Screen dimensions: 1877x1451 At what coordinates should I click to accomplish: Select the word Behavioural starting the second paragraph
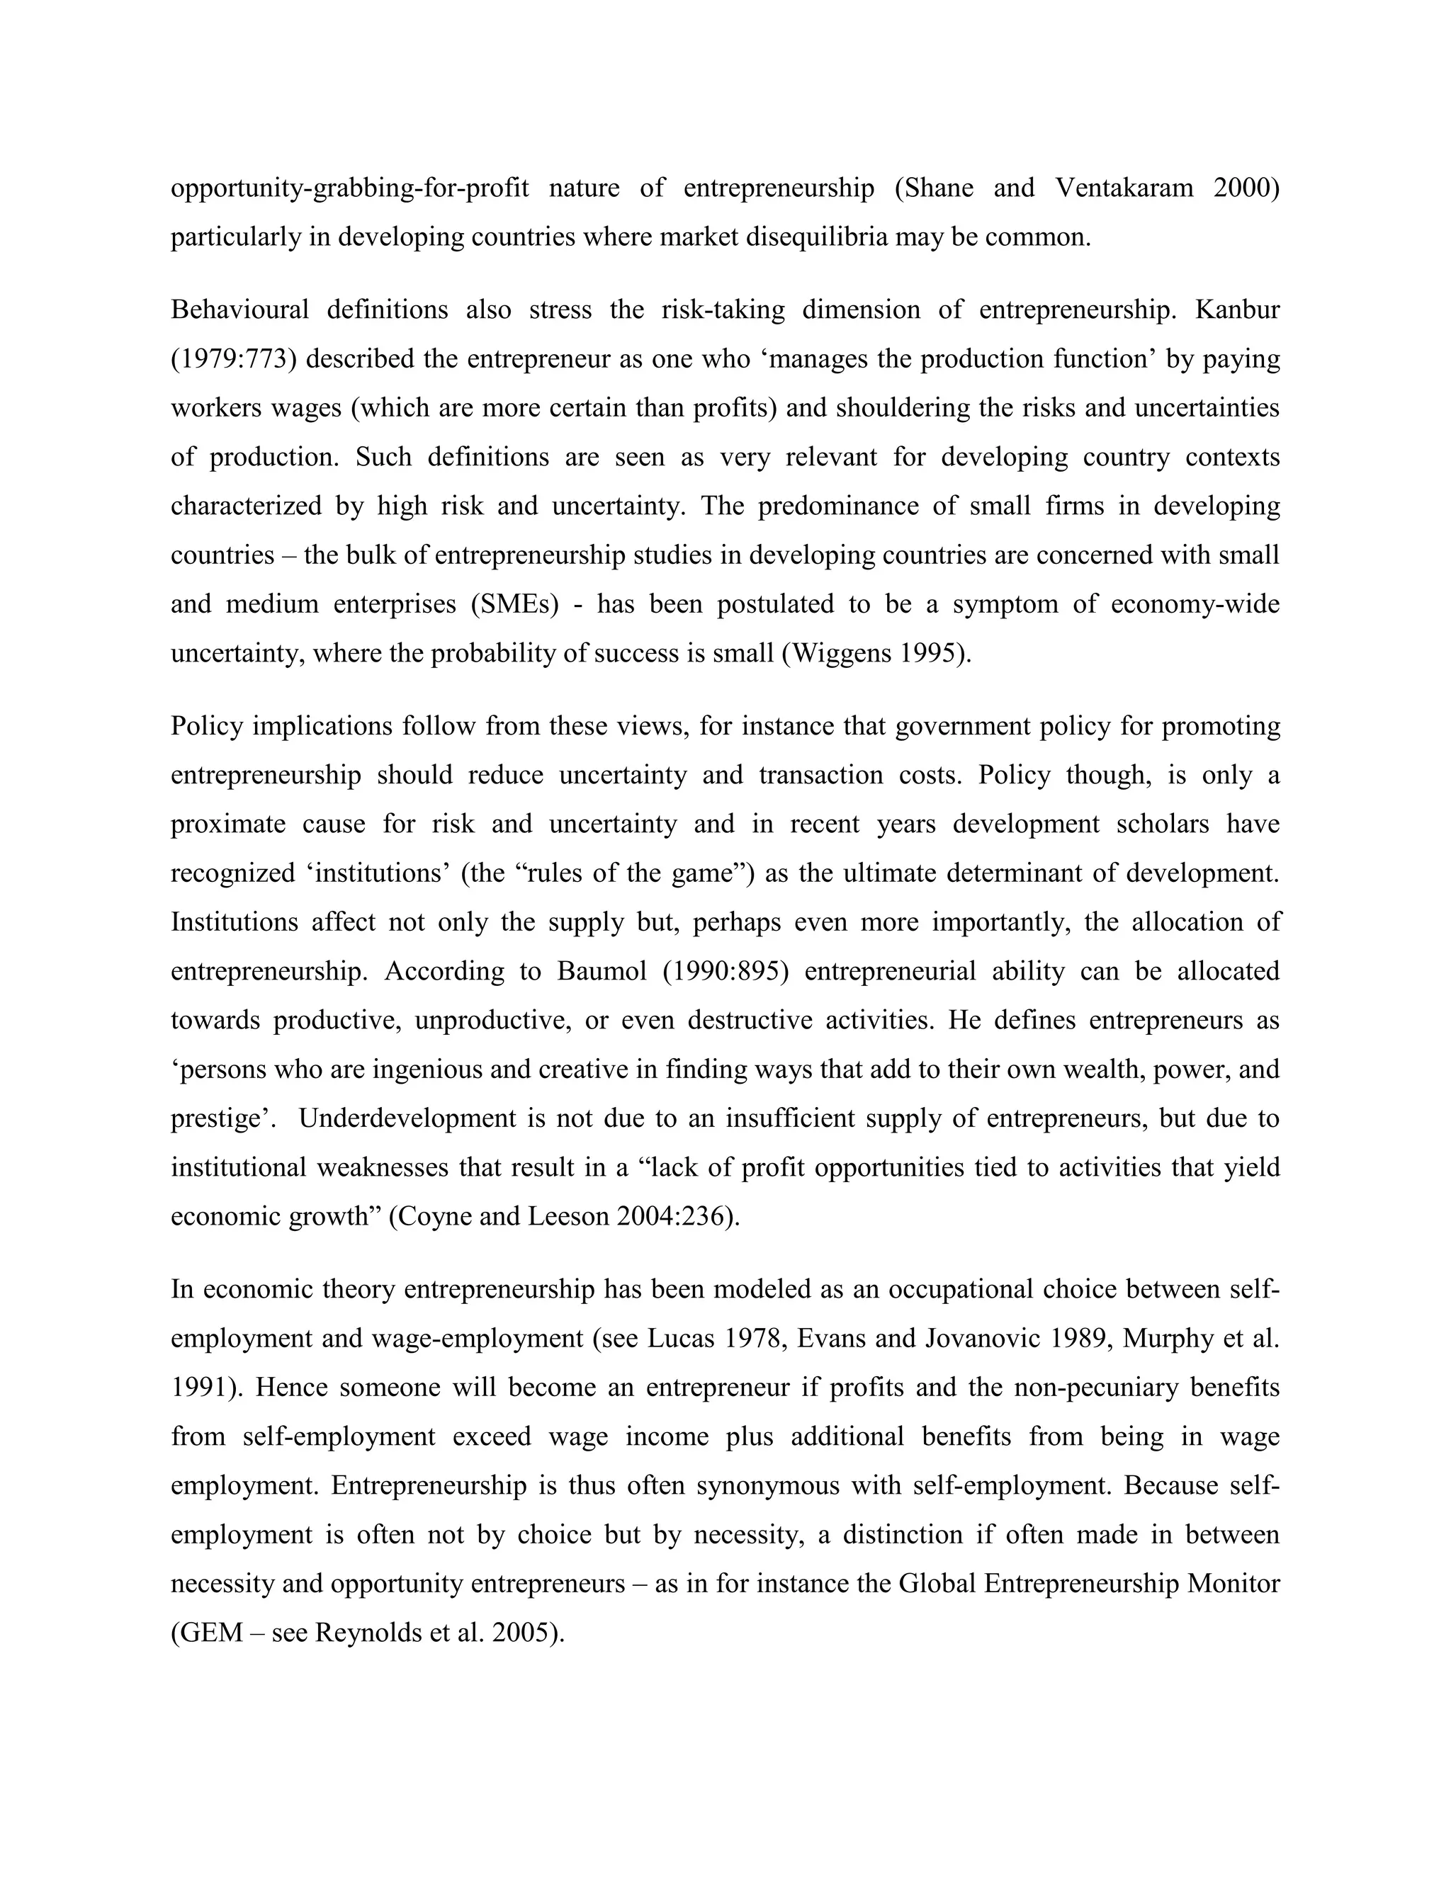(239, 310)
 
